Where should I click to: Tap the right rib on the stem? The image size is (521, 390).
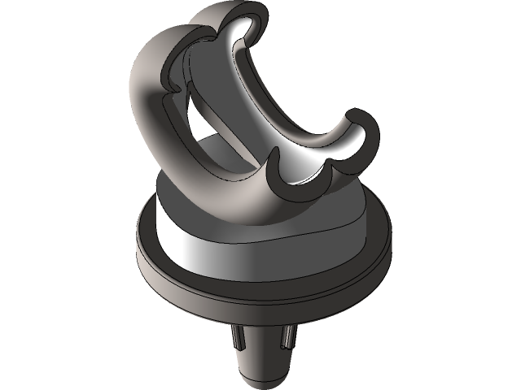tap(286, 336)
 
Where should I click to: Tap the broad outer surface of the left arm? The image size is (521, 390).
tap(147, 89)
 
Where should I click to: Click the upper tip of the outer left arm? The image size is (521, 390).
tap(175, 32)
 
